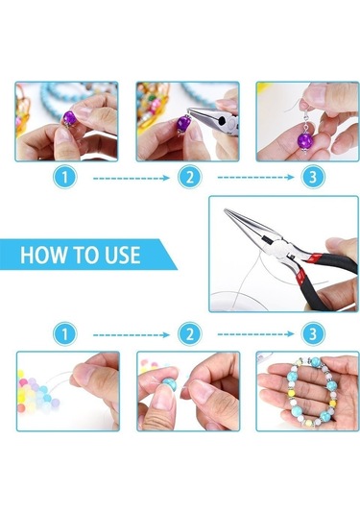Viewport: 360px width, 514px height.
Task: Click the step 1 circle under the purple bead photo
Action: click(x=65, y=178)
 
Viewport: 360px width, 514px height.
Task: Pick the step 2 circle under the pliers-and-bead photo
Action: click(x=190, y=178)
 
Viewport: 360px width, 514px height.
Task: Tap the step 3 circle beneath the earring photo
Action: click(x=313, y=177)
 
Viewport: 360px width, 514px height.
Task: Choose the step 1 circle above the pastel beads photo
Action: click(x=65, y=334)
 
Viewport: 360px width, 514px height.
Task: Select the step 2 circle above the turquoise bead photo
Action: click(x=190, y=334)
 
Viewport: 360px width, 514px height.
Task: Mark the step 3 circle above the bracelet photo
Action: click(x=313, y=333)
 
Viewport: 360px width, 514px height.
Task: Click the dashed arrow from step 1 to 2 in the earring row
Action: click(x=132, y=178)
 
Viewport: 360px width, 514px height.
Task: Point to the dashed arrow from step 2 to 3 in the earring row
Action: click(x=256, y=178)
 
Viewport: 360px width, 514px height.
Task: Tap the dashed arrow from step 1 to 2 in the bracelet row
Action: click(x=132, y=334)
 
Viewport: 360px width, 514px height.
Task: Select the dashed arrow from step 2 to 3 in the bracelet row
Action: click(x=256, y=334)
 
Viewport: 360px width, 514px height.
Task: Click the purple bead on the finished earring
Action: click(x=305, y=139)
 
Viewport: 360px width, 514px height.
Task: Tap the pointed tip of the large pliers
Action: click(x=225, y=209)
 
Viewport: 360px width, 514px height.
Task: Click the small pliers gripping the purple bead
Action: click(x=214, y=121)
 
